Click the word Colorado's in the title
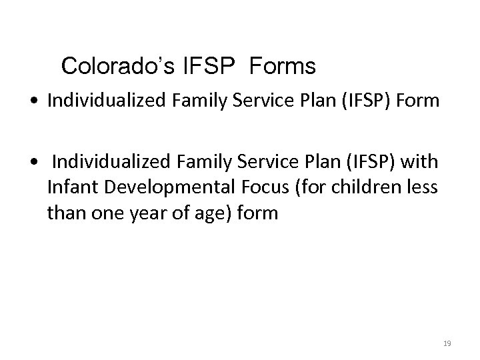[x=108, y=67]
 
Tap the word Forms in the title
[x=283, y=67]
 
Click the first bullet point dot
[x=42, y=102]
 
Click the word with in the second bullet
[x=419, y=163]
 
